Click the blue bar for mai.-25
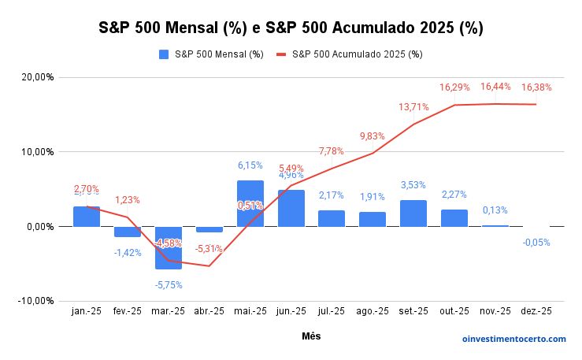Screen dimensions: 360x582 pyautogui.click(x=250, y=202)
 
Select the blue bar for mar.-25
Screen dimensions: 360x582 pyautogui.click(x=169, y=247)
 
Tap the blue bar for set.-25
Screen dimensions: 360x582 pyautogui.click(x=413, y=213)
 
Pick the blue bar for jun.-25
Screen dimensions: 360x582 pyautogui.click(x=291, y=208)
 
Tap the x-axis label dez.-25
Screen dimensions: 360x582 pyautogui.click(x=536, y=312)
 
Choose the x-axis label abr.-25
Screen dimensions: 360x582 pyautogui.click(x=209, y=312)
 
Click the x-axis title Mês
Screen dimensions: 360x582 pyautogui.click(x=311, y=336)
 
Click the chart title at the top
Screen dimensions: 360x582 pyautogui.click(x=291, y=28)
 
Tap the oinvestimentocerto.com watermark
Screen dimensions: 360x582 pyautogui.click(x=513, y=339)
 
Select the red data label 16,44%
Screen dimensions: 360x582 pyautogui.click(x=495, y=87)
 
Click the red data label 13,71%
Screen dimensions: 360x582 pyautogui.click(x=414, y=106)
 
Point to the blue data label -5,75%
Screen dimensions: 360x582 pyautogui.click(x=168, y=284)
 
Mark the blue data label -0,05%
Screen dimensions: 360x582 pyautogui.click(x=536, y=243)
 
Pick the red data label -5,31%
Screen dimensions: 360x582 pyautogui.click(x=209, y=249)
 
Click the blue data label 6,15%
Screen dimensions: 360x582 pyautogui.click(x=250, y=165)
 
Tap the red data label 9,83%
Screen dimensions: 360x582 pyautogui.click(x=373, y=135)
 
